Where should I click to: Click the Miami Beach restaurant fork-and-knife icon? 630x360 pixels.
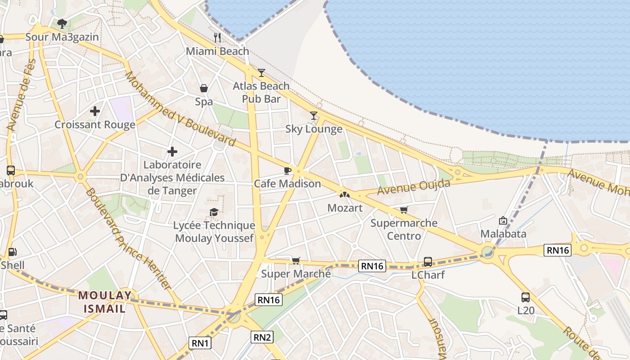tap(217, 37)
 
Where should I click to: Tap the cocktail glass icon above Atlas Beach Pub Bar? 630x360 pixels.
tap(261, 72)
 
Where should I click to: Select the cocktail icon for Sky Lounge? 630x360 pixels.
tap(314, 116)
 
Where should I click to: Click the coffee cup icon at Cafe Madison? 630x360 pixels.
tap(287, 171)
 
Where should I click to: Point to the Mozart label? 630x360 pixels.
tap(345, 208)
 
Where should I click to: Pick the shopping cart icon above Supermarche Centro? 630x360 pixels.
tap(404, 210)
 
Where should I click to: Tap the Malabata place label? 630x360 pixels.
tap(503, 234)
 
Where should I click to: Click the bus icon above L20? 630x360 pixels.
tap(525, 297)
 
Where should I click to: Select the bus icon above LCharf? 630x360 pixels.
tap(427, 261)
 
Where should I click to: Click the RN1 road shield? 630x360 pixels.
tap(200, 343)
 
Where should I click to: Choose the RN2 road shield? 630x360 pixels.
tap(262, 337)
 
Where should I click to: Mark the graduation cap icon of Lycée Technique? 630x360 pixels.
tap(214, 212)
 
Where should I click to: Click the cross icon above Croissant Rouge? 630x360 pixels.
tap(94, 111)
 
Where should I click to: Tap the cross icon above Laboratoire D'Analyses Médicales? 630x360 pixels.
tap(172, 152)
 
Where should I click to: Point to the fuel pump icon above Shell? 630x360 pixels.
tap(13, 252)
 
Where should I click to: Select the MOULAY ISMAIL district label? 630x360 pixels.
tap(105, 302)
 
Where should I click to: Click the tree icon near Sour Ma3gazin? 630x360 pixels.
tap(62, 23)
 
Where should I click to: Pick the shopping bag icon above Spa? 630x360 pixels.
tap(204, 88)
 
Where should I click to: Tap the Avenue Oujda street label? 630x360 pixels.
tap(414, 187)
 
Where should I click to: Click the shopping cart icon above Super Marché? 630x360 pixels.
tap(296, 261)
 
